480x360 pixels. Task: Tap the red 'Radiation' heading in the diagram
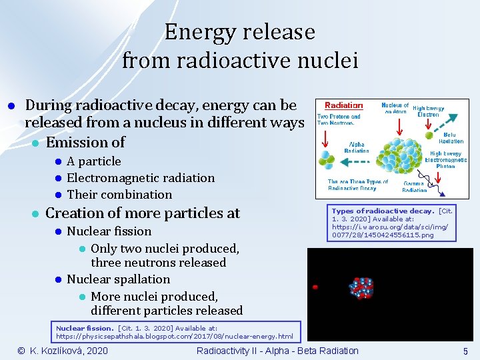(343, 105)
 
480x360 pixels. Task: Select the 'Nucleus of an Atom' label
(395, 108)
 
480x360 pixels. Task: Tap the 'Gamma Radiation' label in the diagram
(414, 186)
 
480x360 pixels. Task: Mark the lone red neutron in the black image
(315, 287)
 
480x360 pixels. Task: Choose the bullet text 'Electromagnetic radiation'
(141, 178)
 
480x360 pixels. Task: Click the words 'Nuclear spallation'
(118, 279)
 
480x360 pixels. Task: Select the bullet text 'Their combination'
(119, 195)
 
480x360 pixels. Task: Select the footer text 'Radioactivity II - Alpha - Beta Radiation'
(277, 351)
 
